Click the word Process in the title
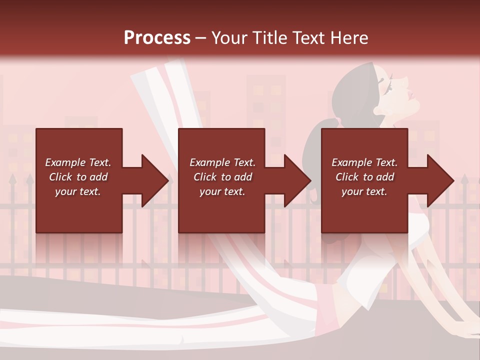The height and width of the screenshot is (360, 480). [x=157, y=38]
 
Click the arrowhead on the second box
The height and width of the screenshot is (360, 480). [x=297, y=180]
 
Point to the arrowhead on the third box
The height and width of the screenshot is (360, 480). [x=440, y=180]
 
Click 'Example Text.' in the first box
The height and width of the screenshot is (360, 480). [x=78, y=162]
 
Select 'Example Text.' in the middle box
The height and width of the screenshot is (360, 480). [x=222, y=162]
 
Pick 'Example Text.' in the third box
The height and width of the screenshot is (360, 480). [x=364, y=162]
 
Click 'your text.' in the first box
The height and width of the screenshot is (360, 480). [x=78, y=191]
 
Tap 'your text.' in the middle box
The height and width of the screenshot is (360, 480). [x=222, y=191]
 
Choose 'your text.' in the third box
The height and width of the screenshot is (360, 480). [x=364, y=191]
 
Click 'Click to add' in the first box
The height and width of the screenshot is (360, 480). [x=78, y=177]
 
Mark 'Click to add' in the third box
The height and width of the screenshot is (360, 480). [x=364, y=177]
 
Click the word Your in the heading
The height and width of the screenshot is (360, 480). [x=228, y=38]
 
